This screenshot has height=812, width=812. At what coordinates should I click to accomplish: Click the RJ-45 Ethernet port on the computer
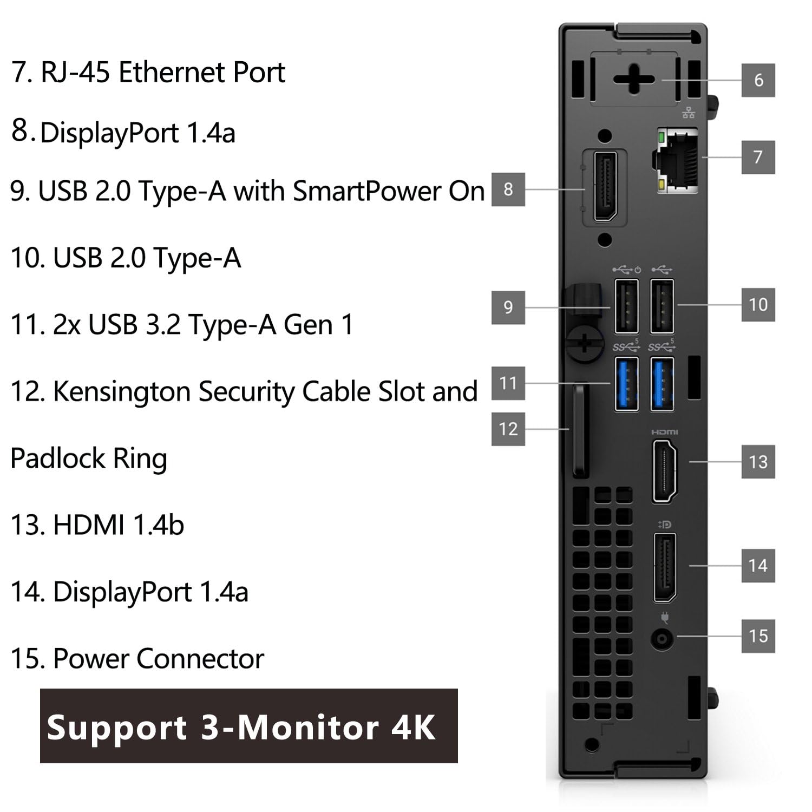pos(677,161)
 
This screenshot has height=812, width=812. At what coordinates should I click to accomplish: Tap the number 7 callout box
pos(758,157)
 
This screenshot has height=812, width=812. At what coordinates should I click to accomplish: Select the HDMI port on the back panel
pos(665,471)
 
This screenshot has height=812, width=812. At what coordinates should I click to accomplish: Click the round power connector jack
pos(662,639)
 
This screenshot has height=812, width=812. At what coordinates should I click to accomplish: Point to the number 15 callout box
pos(758,636)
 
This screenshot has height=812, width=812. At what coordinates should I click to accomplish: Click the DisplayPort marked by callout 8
pos(605,187)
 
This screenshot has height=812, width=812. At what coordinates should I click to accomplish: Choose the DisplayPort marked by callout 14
pos(664,567)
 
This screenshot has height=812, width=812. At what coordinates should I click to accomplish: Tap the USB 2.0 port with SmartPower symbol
pos(626,306)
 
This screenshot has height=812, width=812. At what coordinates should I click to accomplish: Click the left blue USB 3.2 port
pos(626,384)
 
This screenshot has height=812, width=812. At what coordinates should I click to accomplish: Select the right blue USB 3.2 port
pos(662,384)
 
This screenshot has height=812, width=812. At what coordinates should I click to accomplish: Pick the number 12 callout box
pos(508,429)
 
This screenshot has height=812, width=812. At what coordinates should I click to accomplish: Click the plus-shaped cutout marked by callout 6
pos(634,80)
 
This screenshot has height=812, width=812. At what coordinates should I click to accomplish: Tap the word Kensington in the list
pos(121,391)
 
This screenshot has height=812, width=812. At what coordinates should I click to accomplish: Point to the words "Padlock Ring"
pos(89,459)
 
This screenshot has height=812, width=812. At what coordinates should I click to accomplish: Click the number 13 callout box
pos(758,462)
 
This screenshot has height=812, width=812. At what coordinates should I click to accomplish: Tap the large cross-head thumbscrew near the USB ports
pos(585,342)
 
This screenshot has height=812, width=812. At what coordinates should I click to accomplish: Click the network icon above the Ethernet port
pos(689,113)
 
